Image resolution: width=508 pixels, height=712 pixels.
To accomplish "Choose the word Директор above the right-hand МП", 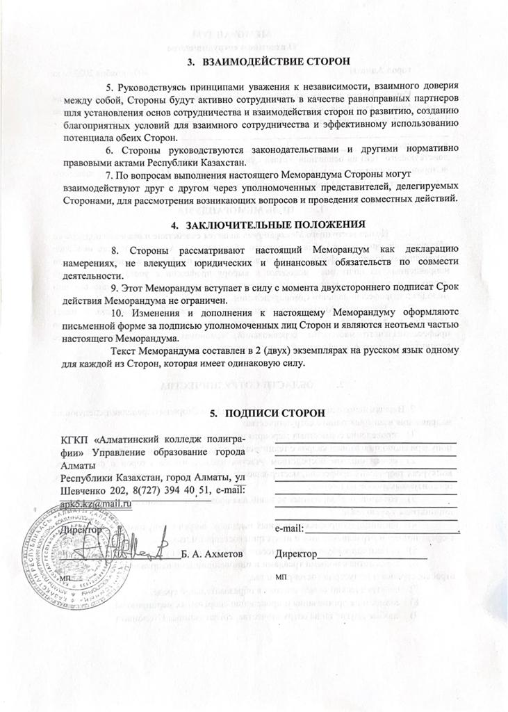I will point(295,555).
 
